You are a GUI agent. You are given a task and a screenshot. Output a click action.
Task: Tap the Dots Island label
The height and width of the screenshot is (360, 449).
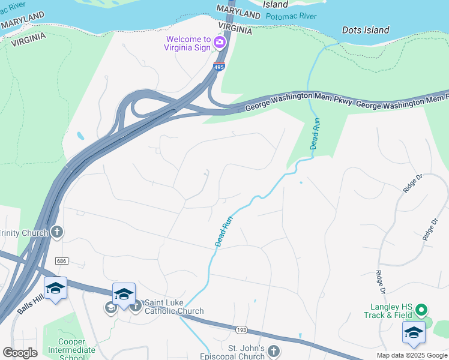point(366,30)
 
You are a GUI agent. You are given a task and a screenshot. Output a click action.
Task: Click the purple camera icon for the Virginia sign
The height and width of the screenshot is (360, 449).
point(220,41)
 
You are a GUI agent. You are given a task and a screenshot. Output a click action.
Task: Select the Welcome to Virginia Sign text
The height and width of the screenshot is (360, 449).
point(188,44)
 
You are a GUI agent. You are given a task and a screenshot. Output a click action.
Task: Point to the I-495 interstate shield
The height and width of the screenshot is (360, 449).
point(219,67)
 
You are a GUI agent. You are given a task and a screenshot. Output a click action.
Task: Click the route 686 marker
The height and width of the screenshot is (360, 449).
point(61,261)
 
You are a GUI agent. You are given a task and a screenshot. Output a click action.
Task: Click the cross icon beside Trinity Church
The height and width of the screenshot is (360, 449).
point(57,232)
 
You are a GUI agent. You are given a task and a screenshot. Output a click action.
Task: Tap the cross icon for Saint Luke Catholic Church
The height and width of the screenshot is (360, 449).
point(135,306)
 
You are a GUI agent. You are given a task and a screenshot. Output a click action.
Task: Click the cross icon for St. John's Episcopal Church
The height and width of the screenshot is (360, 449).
point(274,351)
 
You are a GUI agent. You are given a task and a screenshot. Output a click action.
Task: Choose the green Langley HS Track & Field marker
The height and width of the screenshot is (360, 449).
point(421,310)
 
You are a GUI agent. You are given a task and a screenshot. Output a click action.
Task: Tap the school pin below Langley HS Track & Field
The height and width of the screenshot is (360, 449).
point(414,333)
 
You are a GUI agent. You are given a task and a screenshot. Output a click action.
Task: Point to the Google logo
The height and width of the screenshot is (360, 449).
point(20,353)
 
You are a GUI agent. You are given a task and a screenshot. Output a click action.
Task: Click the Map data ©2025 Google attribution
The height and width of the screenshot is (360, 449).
point(412,355)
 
